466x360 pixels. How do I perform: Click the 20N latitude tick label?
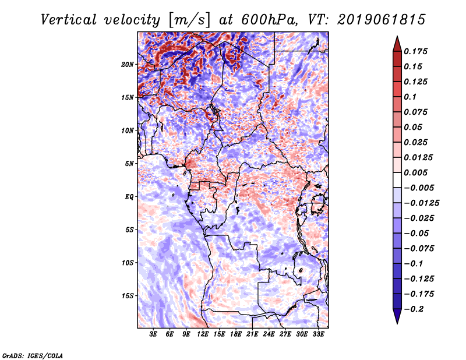click(x=128, y=64)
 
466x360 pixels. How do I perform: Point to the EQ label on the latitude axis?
click(x=129, y=196)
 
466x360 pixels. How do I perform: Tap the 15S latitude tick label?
click(x=128, y=295)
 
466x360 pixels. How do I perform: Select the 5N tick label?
click(x=129, y=163)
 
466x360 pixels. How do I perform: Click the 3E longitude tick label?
click(x=154, y=334)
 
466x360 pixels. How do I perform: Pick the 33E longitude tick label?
click(x=318, y=334)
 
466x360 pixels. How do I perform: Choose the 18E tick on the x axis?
click(x=236, y=334)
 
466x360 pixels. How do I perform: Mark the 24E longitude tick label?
click(x=269, y=334)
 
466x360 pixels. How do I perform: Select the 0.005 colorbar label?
click(x=417, y=173)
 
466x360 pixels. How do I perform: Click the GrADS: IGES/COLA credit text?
click(x=33, y=355)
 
